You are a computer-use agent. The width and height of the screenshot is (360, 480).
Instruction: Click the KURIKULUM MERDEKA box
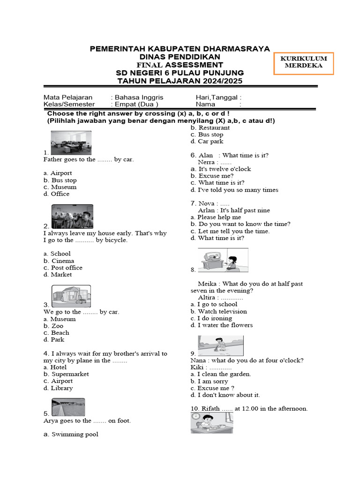304,63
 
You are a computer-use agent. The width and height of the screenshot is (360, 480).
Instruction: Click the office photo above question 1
71,142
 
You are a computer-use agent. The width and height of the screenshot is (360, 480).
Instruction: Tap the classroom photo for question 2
72,216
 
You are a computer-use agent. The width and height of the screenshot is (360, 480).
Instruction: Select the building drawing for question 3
71,296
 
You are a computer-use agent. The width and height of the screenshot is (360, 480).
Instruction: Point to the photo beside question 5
68,407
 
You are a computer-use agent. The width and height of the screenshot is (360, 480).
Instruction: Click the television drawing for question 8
223,260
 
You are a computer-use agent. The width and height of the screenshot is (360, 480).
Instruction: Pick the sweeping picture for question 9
220,346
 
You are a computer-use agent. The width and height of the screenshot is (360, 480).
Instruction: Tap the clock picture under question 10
211,423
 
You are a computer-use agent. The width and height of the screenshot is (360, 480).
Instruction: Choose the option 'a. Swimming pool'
71,435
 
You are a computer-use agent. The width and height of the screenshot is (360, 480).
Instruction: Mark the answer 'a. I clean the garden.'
221,374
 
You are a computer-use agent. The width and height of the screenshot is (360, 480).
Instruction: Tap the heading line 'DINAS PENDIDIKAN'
180,56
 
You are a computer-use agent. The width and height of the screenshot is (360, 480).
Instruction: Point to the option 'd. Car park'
207,141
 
